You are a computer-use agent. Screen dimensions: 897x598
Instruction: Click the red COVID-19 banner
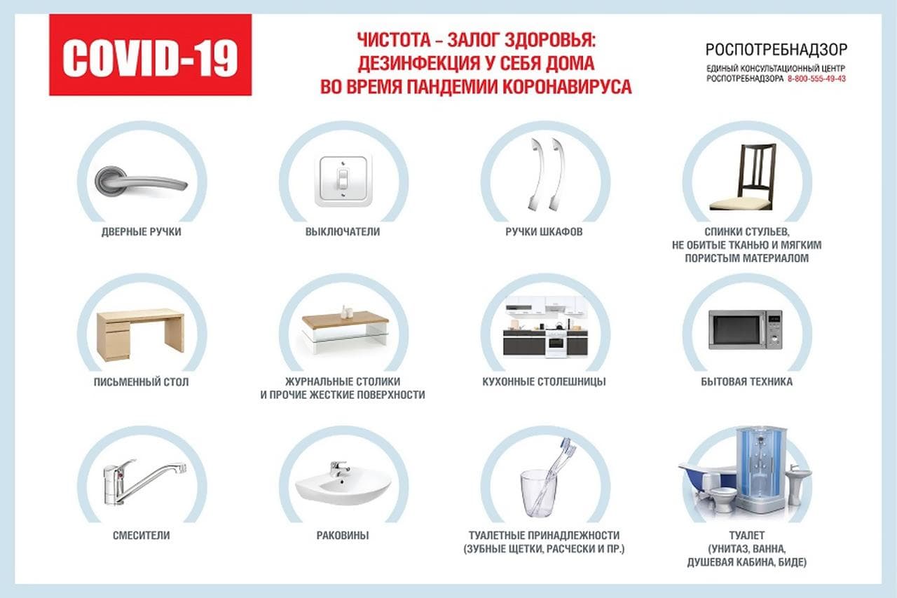click(151, 55)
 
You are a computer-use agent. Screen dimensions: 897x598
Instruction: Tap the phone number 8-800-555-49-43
click(816, 79)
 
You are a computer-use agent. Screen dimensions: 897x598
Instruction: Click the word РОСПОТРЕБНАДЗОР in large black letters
click(776, 50)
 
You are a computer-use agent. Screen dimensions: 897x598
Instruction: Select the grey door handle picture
click(142, 182)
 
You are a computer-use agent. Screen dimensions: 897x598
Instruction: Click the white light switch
click(343, 182)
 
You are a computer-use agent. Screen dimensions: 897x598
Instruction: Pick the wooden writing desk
click(141, 334)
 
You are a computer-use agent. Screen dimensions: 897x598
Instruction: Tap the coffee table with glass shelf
click(345, 329)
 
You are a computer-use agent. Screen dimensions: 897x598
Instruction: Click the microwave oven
click(745, 329)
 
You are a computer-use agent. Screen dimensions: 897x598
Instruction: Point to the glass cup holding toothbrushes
click(538, 494)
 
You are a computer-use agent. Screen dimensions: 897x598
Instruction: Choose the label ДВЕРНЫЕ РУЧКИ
click(142, 232)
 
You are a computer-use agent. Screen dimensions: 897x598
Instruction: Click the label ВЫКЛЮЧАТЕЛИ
click(343, 232)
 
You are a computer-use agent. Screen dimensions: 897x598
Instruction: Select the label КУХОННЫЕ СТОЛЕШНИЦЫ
click(544, 381)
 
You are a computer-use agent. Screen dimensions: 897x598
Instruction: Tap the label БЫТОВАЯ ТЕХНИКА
click(746, 381)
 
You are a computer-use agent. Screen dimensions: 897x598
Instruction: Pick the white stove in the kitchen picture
click(556, 342)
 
